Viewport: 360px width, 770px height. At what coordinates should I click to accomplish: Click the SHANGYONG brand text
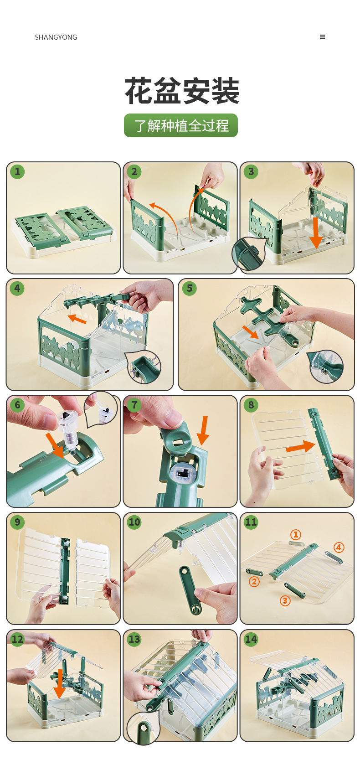(x=56, y=37)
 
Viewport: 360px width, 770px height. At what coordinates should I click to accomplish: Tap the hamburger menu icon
(x=322, y=37)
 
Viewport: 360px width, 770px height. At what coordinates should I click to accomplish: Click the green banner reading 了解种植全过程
(x=181, y=125)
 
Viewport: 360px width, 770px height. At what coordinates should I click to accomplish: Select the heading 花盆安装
(x=182, y=91)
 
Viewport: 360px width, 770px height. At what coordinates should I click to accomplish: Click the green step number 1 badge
(x=17, y=171)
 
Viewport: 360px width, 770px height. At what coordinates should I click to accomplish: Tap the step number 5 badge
(x=189, y=288)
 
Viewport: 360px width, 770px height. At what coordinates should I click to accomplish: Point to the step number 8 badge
(x=251, y=405)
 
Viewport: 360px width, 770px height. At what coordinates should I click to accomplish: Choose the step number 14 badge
(x=251, y=639)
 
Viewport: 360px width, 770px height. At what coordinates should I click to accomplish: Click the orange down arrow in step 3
(x=316, y=233)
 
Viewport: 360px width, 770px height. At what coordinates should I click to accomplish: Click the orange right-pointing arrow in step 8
(x=300, y=446)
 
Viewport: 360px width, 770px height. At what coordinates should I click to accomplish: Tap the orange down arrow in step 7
(x=203, y=430)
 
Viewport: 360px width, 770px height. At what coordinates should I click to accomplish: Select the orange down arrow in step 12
(x=60, y=684)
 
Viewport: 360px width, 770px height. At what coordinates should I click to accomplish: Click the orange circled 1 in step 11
(x=296, y=534)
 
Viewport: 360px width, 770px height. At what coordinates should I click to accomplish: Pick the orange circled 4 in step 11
(x=339, y=547)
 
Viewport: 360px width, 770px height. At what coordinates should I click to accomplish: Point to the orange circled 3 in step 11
(x=285, y=600)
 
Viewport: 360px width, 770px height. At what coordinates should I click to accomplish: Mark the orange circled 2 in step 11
(x=254, y=582)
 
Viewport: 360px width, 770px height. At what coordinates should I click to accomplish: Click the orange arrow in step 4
(x=77, y=319)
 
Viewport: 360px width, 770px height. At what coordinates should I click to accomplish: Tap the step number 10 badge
(x=134, y=522)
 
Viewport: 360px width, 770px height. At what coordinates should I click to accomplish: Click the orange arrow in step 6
(x=55, y=445)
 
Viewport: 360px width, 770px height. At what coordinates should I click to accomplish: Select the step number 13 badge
(x=134, y=639)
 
